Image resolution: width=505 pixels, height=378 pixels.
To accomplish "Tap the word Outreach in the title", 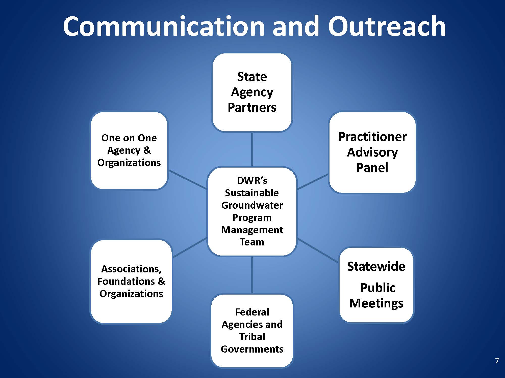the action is [387, 26].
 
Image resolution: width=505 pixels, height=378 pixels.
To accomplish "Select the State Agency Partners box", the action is [252, 92].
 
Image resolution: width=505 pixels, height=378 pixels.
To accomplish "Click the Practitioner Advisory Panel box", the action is [372, 152].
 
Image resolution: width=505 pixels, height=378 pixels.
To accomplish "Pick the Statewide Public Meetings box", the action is [376, 285].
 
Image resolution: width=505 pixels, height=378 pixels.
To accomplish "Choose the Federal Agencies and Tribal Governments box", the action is [252, 331].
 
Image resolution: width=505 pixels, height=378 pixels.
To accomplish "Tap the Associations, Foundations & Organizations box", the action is [131, 281].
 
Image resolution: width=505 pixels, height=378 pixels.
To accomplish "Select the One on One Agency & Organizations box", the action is [129, 150].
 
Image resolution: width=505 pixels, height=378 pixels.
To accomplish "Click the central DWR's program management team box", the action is [252, 211].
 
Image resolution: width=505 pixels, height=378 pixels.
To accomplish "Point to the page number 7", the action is [497, 361].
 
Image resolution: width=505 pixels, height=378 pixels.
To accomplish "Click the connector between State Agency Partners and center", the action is [252, 149].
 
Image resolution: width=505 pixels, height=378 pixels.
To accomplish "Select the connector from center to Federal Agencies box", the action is [252, 275].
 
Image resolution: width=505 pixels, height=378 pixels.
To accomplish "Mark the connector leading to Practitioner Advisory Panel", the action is [313, 181].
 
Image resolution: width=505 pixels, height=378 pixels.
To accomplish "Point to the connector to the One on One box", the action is [187, 179].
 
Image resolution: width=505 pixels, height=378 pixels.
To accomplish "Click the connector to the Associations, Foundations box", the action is [189, 248].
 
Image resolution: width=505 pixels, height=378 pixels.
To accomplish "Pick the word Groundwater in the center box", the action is [252, 205].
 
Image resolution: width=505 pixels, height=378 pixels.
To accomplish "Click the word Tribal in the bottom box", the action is [252, 337].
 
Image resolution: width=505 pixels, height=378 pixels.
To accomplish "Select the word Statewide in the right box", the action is [376, 266].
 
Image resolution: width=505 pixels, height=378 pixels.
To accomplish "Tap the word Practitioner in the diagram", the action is [372, 137].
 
